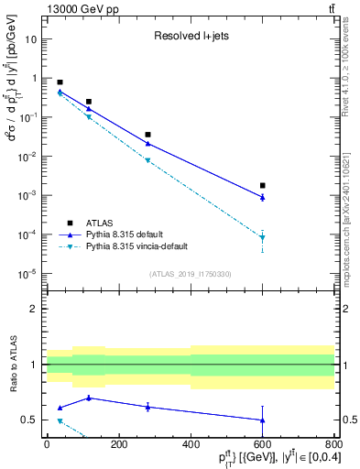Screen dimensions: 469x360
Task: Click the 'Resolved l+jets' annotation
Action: pos(191,37)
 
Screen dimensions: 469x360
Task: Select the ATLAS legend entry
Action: pos(101,222)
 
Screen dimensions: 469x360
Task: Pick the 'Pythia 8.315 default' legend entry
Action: pos(134,234)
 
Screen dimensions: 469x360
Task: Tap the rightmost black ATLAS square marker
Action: pos(262,185)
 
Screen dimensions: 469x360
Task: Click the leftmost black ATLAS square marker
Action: pos(60,82)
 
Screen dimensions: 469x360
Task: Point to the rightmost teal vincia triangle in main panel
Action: pos(262,238)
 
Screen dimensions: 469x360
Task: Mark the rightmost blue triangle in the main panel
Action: pos(262,197)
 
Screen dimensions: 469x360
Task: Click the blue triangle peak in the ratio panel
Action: pos(89,398)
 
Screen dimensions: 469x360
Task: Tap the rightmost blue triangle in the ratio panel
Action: pos(262,420)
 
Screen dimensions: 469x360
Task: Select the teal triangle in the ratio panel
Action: pos(60,420)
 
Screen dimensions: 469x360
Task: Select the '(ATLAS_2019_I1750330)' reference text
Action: pos(191,274)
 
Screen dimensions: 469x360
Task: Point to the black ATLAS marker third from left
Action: pos(147,135)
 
